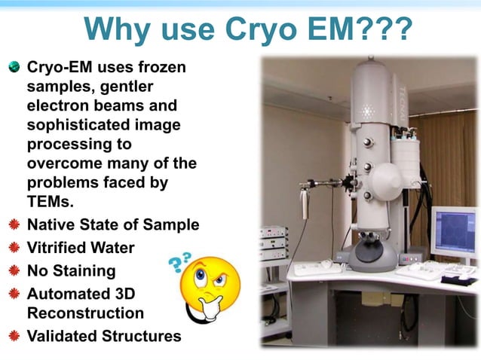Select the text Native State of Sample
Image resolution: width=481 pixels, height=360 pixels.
click(x=113, y=224)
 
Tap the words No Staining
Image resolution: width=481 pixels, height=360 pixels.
click(x=71, y=270)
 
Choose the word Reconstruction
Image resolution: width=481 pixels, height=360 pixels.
click(x=85, y=313)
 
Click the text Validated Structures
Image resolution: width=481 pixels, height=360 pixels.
click(x=104, y=336)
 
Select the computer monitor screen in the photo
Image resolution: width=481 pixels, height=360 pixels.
click(x=453, y=232)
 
